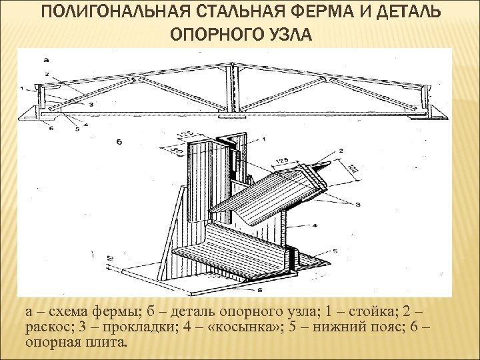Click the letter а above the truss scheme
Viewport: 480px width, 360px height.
(45, 61)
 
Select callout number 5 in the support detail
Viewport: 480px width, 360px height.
(335, 251)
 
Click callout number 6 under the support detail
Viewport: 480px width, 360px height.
(260, 290)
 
